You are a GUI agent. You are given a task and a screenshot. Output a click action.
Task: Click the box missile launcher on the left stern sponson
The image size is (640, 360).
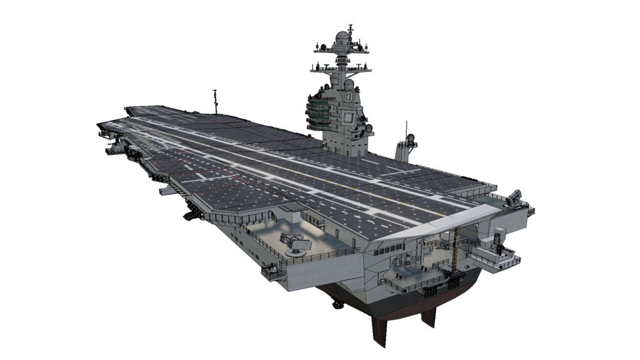tap(294, 241)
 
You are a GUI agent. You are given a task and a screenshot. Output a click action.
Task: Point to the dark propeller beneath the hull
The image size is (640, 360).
tap(338, 304)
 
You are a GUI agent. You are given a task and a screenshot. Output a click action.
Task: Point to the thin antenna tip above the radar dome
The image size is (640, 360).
tap(351, 27)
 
